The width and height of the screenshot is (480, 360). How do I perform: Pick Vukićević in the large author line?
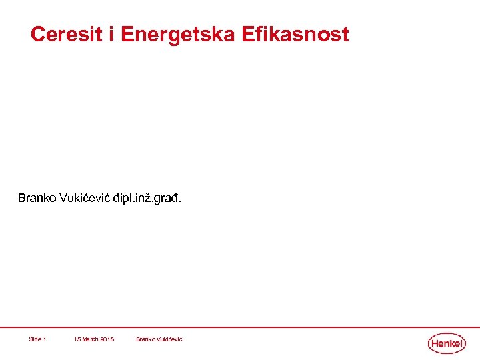[x=83, y=199]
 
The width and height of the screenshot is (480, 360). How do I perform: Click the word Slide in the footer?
[x=35, y=339]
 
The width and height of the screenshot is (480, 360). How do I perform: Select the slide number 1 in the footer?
[x=45, y=339]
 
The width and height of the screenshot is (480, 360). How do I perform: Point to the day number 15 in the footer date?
[x=77, y=339]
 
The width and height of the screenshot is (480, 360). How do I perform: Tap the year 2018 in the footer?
[x=107, y=339]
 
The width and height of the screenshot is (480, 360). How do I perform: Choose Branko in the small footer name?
[x=145, y=339]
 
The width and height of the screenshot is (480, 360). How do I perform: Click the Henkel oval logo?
[x=446, y=343]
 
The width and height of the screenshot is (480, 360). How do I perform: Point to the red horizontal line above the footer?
[x=240, y=327]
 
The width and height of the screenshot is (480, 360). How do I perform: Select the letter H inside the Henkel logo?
[x=435, y=343]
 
